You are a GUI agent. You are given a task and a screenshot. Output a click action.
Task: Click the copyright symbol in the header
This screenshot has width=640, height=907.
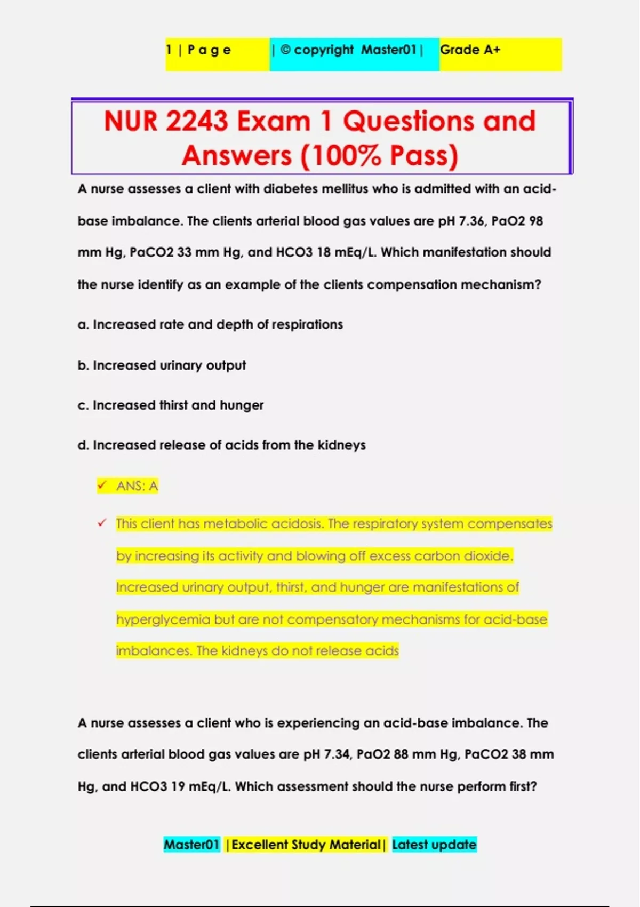(x=285, y=50)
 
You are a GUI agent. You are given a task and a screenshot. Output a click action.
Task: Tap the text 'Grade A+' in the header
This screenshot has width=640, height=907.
(x=470, y=50)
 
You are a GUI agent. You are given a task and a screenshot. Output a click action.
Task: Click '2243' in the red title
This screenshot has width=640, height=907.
(x=196, y=121)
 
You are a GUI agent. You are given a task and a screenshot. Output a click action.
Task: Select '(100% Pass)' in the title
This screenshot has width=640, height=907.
(x=379, y=156)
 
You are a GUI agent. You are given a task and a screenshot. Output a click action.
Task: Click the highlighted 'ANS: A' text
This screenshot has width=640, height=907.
(x=137, y=486)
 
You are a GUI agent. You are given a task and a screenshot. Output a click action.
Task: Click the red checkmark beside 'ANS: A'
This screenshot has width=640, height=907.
(x=102, y=485)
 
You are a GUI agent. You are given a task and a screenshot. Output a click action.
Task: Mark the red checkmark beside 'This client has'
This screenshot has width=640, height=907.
(x=102, y=523)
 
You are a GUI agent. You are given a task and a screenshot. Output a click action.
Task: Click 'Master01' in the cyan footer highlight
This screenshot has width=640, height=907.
(x=191, y=845)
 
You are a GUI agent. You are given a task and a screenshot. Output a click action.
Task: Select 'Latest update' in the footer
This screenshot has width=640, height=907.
(x=434, y=845)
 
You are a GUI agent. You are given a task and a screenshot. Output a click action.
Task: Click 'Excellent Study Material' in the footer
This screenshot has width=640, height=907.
(x=306, y=845)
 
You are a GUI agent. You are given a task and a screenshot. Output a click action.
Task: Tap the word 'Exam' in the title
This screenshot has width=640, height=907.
(x=274, y=121)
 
